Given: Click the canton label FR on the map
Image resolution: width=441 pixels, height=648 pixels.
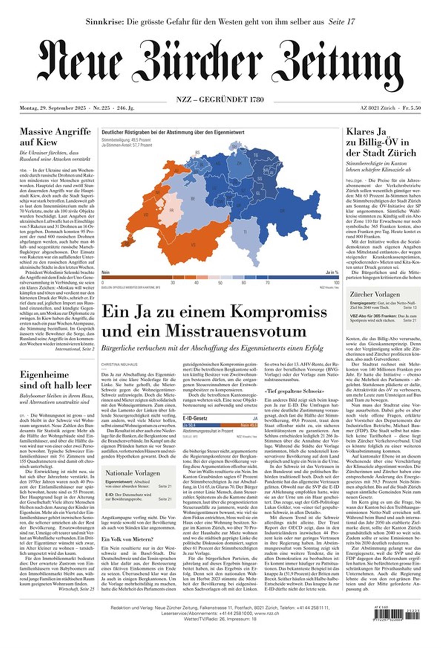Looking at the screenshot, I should click(171, 210).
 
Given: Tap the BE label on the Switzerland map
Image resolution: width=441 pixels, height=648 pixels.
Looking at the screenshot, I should click(192, 199).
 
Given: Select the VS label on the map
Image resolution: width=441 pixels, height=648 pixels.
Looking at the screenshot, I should click(193, 245).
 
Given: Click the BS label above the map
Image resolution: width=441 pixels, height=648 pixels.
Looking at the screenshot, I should click(198, 152).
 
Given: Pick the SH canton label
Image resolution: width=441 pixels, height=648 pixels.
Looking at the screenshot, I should click(234, 146).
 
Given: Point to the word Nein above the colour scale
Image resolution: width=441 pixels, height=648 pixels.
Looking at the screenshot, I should click(105, 272).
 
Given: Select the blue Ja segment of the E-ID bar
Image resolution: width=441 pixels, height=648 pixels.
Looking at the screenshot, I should click(201, 425).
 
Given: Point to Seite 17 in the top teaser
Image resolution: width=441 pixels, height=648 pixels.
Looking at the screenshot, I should click(341, 22).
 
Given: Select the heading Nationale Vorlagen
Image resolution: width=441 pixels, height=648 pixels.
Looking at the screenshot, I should click(133, 473).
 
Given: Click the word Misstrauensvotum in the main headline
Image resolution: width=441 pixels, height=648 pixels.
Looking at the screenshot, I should click(236, 331).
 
